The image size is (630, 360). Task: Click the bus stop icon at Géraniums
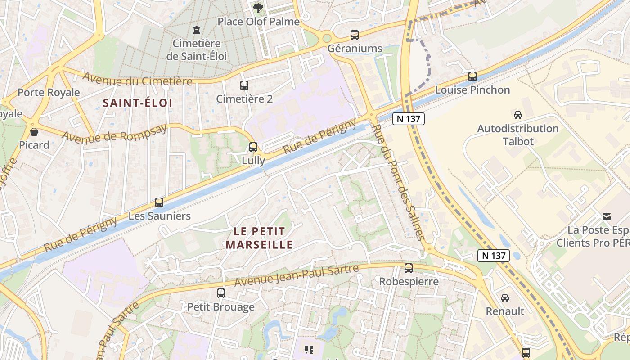click(355, 35)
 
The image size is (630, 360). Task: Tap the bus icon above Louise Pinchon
click(472, 76)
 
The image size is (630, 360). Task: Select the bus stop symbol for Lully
click(253, 147)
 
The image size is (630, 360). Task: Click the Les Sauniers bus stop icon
click(159, 202)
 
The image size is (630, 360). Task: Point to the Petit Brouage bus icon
click(221, 293)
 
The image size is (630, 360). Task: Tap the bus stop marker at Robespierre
click(409, 268)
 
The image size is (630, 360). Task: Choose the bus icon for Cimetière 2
click(244, 85)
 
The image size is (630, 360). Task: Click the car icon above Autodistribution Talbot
click(518, 115)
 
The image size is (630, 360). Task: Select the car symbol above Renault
click(505, 297)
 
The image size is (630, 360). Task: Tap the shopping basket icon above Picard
click(34, 132)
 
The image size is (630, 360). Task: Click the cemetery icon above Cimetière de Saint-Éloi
click(196, 30)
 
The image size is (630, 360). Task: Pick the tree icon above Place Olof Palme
click(258, 8)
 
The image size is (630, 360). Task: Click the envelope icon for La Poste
click(607, 217)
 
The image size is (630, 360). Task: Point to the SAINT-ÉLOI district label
click(138, 103)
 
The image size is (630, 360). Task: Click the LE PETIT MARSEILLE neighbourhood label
click(259, 238)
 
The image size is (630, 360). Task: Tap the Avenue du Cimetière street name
click(137, 80)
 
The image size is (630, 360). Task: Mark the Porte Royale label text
click(49, 93)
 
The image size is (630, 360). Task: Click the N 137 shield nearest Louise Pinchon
click(408, 118)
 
